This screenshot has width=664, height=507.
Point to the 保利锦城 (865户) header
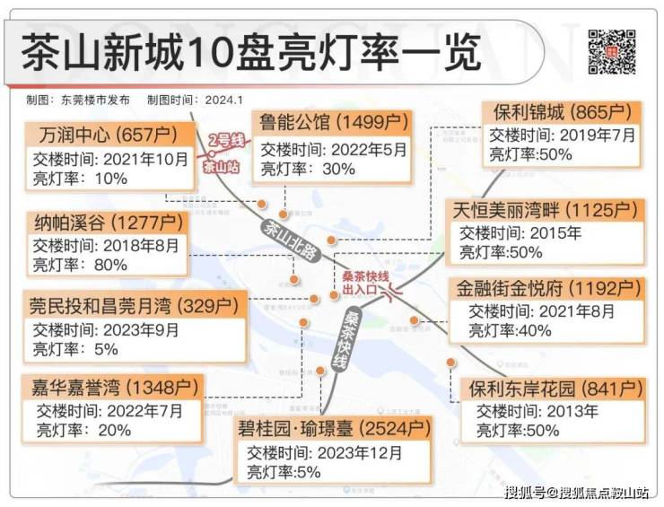(562, 113)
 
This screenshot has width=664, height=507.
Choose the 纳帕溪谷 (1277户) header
(108, 222)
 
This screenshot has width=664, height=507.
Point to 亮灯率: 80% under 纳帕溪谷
(81, 265)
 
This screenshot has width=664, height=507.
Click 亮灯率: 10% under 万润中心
(81, 179)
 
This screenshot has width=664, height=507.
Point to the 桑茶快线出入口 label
(365, 284)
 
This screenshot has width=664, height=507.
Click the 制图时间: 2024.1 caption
(197, 100)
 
